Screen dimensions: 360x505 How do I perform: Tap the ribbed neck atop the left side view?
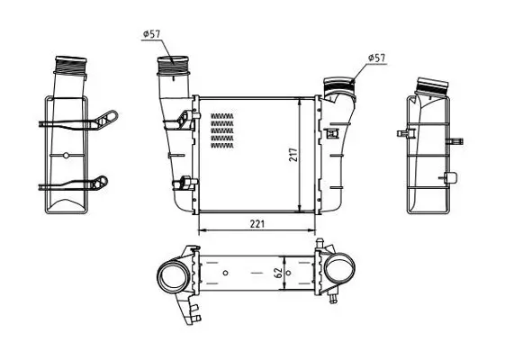(68, 66)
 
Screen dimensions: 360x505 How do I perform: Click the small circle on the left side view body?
(66, 155)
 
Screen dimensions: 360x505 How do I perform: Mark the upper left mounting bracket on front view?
(187, 117)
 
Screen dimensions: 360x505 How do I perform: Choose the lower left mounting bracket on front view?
(187, 183)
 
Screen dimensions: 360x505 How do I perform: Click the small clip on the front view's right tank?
(333, 135)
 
